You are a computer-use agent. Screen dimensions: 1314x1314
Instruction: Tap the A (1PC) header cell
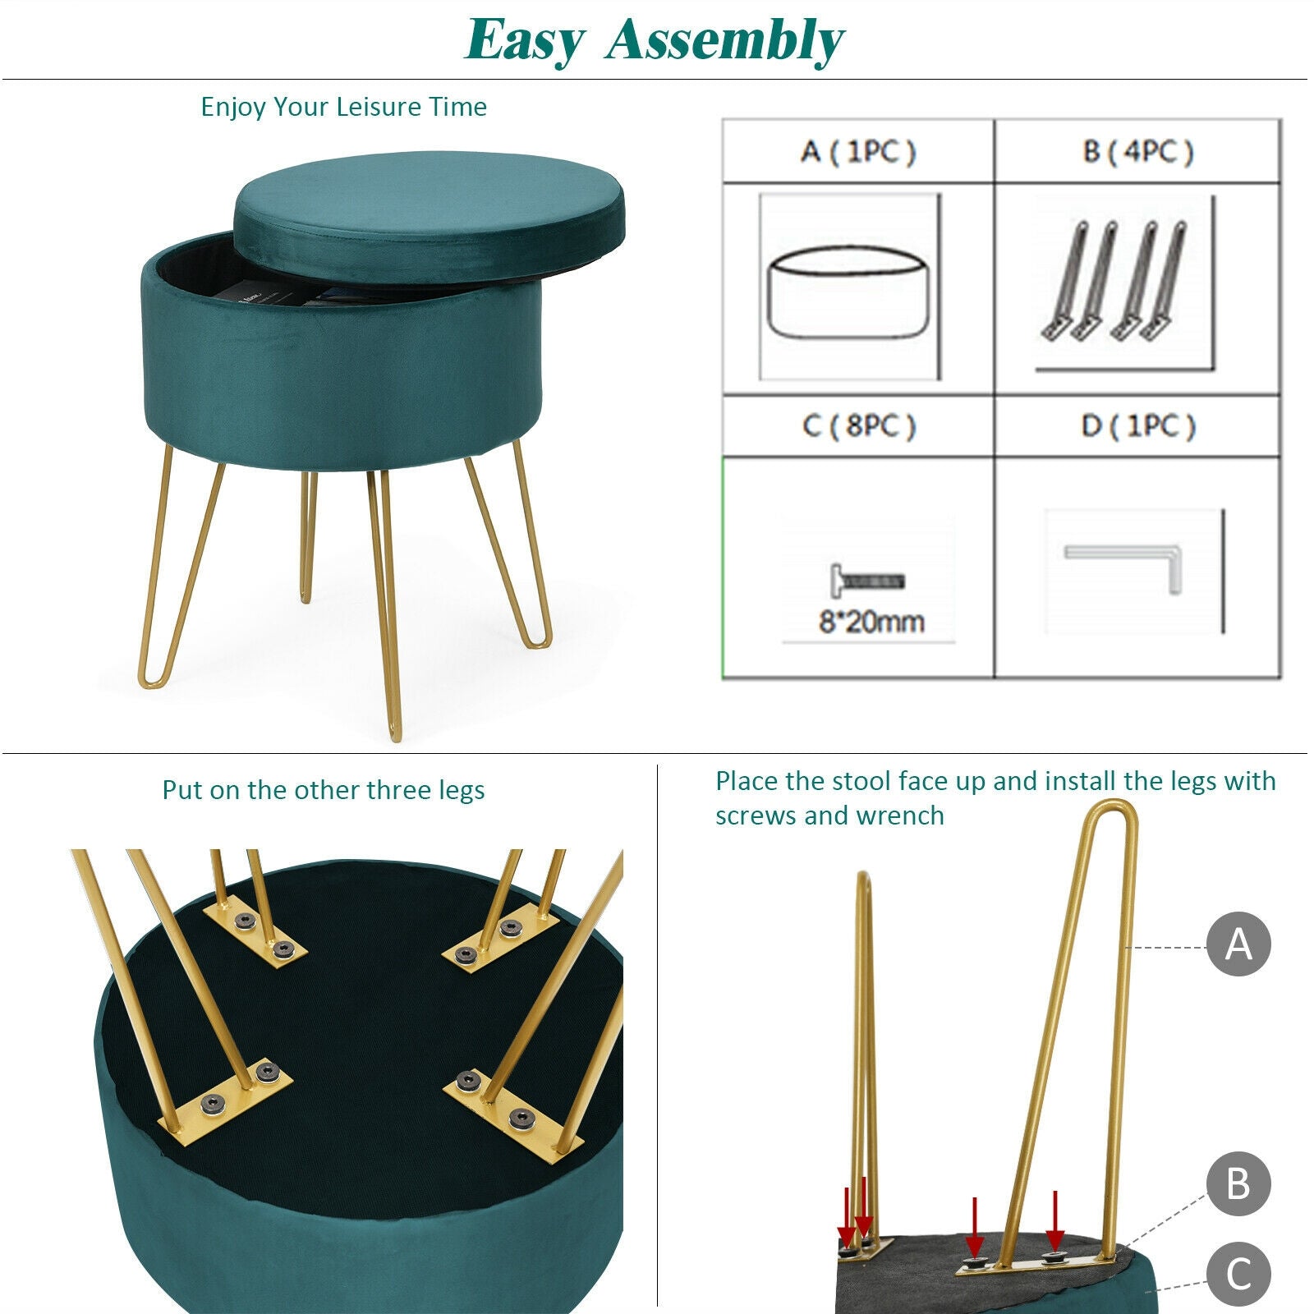858,151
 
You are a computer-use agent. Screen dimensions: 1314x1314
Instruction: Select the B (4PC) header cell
1137,151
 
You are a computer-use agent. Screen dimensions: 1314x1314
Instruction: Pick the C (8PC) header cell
858,425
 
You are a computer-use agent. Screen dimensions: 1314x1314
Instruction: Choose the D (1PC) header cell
1137,425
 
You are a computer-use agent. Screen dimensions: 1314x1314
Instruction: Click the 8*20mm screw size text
871,622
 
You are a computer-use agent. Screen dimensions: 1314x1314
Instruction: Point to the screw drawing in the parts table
866,581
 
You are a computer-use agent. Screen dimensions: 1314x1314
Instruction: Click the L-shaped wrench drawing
1125,565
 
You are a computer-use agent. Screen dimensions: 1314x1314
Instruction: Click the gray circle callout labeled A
1238,944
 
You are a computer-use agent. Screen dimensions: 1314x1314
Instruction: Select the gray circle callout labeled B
1238,1184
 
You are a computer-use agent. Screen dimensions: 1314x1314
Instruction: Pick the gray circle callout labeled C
1238,1274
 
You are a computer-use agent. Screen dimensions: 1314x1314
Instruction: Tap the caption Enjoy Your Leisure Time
343,107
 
